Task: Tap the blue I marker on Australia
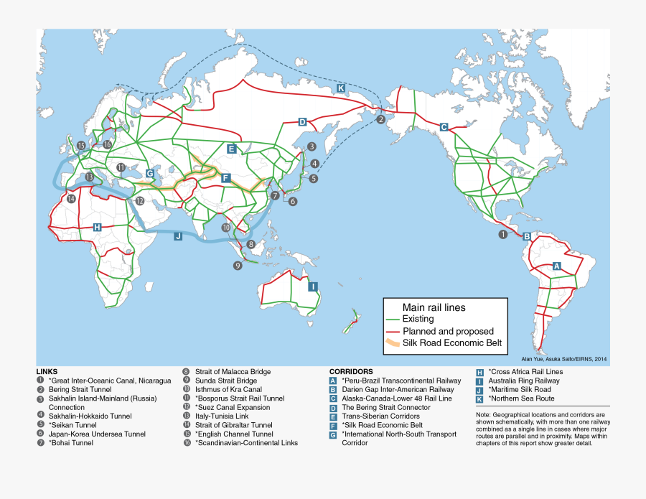[313, 286]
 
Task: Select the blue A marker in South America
[556, 266]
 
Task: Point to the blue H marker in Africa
[98, 227]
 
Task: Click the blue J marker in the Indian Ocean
[178, 235]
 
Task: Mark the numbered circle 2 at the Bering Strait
[380, 120]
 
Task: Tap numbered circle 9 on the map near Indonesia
[238, 265]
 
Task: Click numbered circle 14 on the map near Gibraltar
[71, 199]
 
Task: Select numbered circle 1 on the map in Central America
[502, 234]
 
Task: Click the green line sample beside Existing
[393, 319]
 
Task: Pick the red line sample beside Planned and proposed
[393, 331]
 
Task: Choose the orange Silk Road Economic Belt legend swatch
[393, 343]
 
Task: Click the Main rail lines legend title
[434, 307]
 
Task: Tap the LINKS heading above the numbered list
[47, 372]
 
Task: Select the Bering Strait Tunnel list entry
[80, 389]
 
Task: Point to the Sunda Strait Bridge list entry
[225, 381]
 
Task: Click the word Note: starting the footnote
[484, 415]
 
